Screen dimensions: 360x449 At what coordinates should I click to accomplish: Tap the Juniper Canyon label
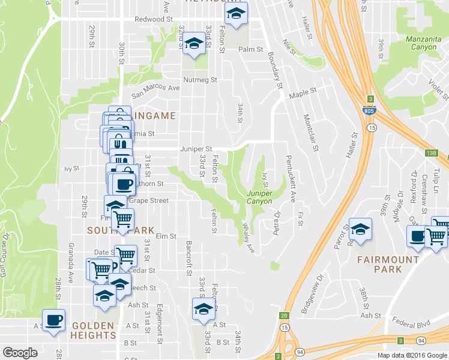(x=260, y=197)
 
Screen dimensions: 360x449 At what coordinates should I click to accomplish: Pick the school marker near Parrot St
(x=360, y=230)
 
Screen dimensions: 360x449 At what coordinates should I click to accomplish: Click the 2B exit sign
(x=283, y=315)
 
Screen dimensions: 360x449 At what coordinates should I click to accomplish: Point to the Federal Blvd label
(x=411, y=325)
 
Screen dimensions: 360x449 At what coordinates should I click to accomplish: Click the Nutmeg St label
(x=199, y=79)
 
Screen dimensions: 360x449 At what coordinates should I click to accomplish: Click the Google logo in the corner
(x=20, y=353)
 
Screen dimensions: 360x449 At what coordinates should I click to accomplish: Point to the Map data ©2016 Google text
(x=412, y=355)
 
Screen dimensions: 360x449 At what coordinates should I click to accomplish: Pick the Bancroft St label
(x=188, y=259)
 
